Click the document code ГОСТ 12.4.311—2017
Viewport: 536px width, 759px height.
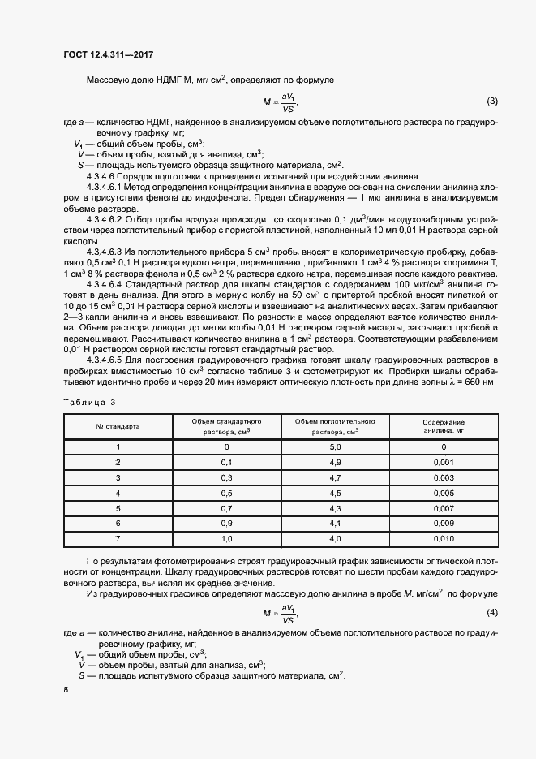tap(108, 54)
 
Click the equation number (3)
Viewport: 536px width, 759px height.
tap(491, 101)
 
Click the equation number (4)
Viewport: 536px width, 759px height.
tap(491, 610)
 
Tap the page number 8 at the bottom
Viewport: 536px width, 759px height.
tap(66, 689)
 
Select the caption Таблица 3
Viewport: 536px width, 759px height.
tap(90, 402)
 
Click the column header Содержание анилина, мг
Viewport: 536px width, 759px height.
tap(444, 427)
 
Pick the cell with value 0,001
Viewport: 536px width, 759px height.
tap(444, 462)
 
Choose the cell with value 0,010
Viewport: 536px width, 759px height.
tap(444, 539)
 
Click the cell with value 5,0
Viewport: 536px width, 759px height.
tap(334, 446)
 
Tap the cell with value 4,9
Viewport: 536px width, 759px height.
tap(334, 462)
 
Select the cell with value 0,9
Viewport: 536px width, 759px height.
tap(226, 524)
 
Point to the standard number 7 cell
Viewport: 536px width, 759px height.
tap(118, 539)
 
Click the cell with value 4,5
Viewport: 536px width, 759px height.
tap(334, 493)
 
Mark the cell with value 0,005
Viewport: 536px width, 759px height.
tap(444, 493)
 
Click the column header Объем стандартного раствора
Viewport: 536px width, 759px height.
tap(226, 427)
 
